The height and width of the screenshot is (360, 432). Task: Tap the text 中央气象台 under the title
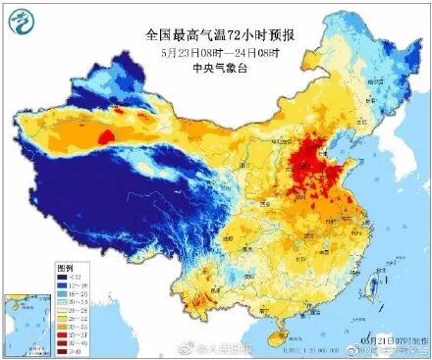222,68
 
